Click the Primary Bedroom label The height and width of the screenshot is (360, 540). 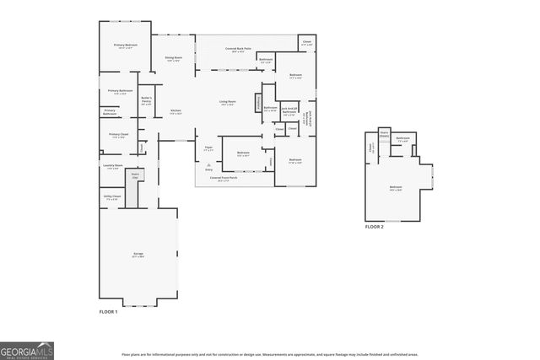(126, 46)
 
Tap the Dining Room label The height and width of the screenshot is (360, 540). (174, 59)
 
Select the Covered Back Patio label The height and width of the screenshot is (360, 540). (240, 50)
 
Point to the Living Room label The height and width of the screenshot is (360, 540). (228, 103)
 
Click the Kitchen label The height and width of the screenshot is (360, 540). (175, 112)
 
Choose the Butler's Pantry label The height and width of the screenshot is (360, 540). (145, 99)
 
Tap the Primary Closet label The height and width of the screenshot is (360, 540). (118, 135)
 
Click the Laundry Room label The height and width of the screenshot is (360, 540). (113, 167)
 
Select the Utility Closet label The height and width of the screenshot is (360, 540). (112, 197)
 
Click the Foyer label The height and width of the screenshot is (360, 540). (208, 149)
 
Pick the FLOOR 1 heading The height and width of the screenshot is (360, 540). (108, 312)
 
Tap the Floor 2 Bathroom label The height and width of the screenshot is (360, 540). (403, 139)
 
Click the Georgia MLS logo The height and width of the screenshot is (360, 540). (27, 349)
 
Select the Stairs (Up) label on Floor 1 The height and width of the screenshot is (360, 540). (136, 176)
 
